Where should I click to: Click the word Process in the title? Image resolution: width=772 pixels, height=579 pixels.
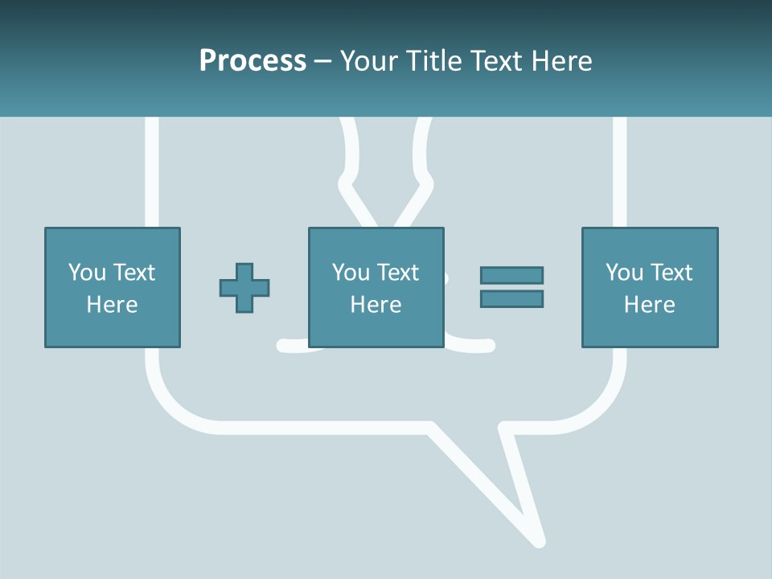253,61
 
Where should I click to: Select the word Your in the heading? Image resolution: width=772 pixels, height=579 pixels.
370,61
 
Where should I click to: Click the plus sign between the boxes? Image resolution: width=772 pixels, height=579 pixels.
244,287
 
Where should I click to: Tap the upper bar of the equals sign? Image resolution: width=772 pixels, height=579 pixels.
511,275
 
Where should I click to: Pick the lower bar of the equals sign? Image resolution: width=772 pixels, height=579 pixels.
511,298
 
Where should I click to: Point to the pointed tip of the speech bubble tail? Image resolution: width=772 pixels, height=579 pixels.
540,543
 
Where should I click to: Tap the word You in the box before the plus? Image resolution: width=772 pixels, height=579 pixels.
87,273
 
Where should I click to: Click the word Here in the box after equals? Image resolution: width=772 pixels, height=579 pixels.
650,305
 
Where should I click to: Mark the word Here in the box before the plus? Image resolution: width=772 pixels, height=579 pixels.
113,305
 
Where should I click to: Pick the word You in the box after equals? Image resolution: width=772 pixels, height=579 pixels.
624,273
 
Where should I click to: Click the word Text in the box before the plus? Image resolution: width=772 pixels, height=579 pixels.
135,273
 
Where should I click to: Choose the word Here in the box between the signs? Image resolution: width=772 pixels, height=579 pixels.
376,305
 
